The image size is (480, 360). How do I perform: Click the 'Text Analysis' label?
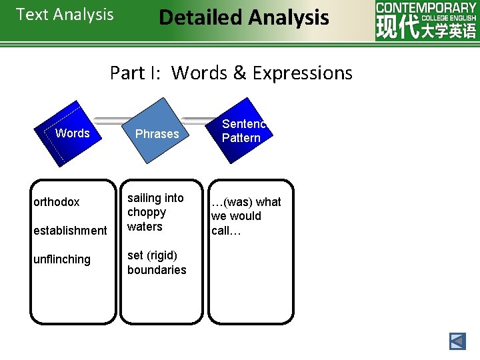65,15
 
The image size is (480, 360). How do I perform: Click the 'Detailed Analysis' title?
243,17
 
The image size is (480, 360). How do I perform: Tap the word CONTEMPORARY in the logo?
426,7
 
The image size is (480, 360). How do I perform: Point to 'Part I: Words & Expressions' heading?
231,73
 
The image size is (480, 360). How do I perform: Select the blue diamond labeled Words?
72,133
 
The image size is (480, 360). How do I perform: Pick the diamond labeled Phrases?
157,134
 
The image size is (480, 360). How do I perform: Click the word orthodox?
57,202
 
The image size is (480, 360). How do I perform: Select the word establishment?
70,231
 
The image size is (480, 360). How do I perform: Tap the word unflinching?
62,259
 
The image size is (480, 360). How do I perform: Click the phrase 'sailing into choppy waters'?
155,212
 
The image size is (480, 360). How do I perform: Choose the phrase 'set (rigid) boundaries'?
157,263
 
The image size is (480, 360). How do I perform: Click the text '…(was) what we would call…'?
245,216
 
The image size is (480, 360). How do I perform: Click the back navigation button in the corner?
457,341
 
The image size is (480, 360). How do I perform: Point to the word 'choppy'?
147,212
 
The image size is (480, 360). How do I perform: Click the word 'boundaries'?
157,270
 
